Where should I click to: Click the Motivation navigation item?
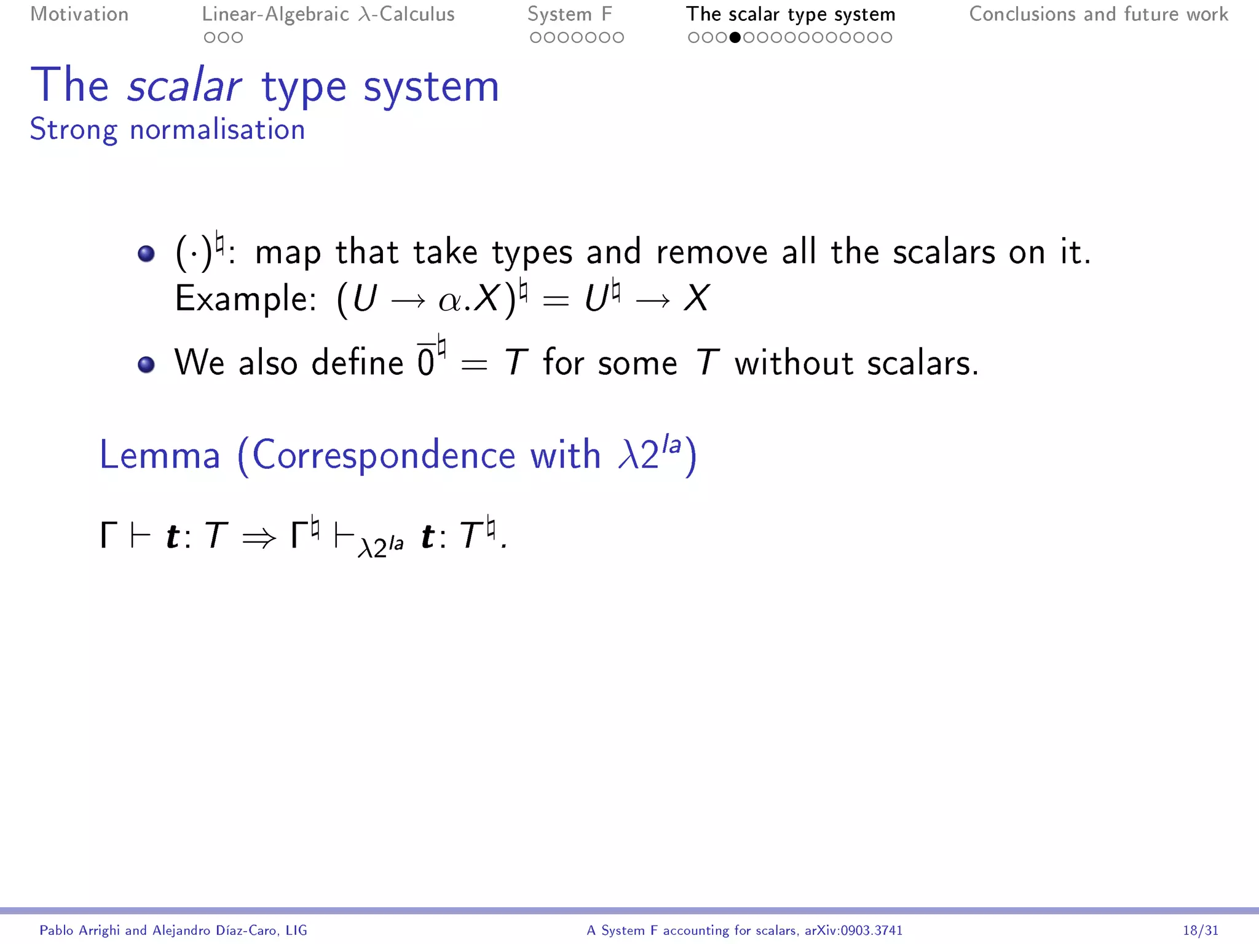point(79,14)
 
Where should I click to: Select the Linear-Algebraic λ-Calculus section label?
point(328,14)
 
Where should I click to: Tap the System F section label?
point(569,14)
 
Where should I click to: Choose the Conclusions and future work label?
point(1099,14)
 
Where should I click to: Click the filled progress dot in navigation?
point(735,37)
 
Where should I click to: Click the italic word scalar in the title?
point(184,86)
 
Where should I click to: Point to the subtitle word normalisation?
point(217,130)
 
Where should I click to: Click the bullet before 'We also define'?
point(146,364)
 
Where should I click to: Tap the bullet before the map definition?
point(146,253)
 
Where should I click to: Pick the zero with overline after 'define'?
point(426,362)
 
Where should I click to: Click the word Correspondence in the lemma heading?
point(384,455)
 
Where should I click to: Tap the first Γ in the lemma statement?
point(108,535)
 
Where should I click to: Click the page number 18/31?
point(1200,930)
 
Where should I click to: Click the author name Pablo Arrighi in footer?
point(81,930)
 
